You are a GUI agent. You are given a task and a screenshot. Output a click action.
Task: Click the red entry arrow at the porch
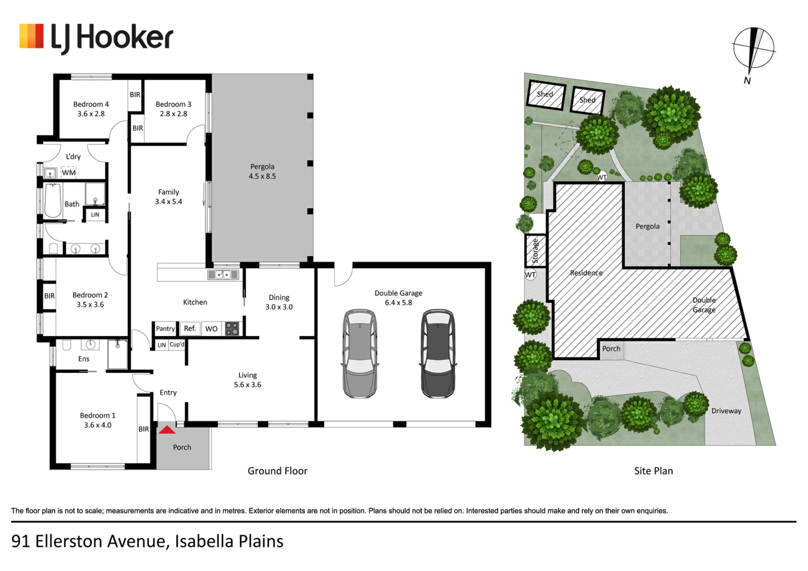(x=167, y=430)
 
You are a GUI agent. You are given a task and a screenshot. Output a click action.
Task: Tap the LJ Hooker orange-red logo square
(x=32, y=36)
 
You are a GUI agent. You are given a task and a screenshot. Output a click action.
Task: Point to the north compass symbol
(x=753, y=48)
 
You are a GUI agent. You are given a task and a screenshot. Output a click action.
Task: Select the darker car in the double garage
(x=438, y=353)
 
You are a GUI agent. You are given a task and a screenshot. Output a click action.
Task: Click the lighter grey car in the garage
(x=360, y=353)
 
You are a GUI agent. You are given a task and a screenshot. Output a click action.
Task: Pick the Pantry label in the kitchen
(x=165, y=329)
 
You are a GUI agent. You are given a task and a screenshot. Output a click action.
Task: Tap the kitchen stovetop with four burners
(x=232, y=329)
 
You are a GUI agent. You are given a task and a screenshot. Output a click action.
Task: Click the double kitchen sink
(x=223, y=275)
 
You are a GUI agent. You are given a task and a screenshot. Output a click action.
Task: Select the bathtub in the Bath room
(x=53, y=200)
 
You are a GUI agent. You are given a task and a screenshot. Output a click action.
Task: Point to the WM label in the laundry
(x=69, y=173)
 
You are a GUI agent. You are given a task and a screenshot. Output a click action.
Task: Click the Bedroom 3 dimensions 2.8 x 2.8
(x=173, y=114)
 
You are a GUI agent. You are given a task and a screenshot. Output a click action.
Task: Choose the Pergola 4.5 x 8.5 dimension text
(x=262, y=176)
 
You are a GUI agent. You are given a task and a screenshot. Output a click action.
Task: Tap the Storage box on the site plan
(x=536, y=251)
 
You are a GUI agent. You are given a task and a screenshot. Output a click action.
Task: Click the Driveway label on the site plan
(x=726, y=411)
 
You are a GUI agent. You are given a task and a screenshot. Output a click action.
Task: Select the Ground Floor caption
(x=277, y=471)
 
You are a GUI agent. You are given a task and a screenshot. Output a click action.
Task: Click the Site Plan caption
(x=654, y=471)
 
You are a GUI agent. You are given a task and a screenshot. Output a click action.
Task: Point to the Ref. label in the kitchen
(x=190, y=328)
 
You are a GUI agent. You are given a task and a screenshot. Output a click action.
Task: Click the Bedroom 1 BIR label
(x=144, y=429)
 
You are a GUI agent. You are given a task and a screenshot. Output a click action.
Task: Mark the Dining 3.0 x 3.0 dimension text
(x=279, y=307)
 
